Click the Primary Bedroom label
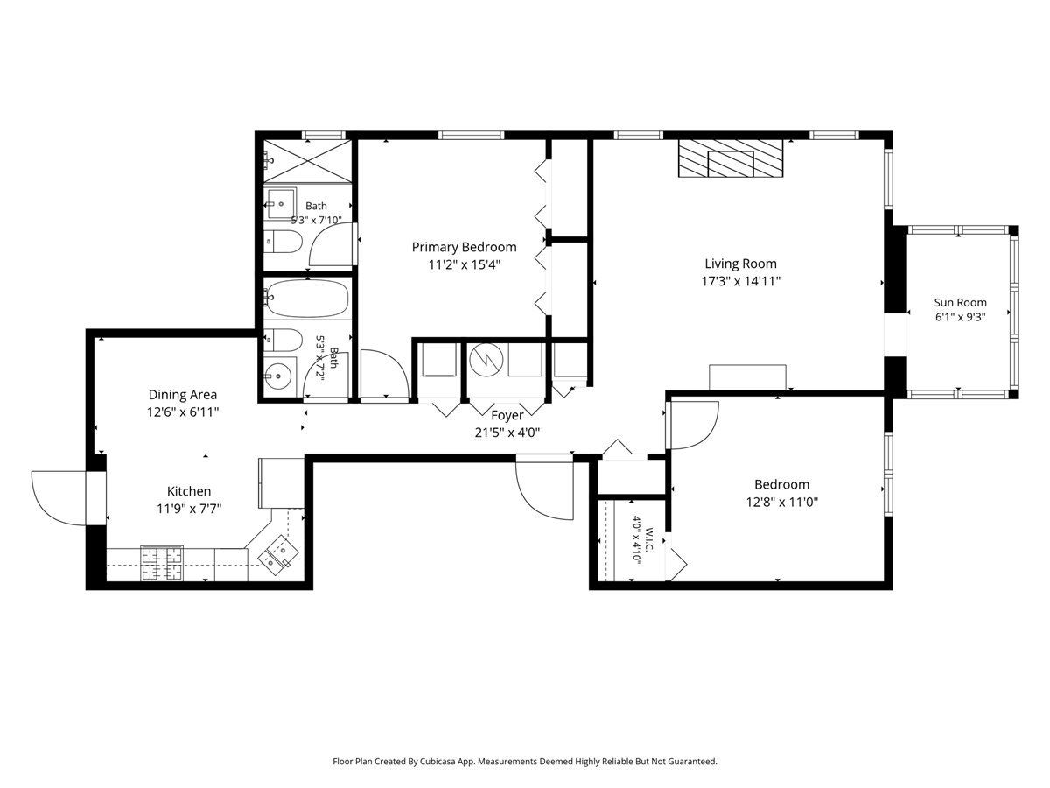pos(464,247)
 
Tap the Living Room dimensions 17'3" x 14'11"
pos(740,281)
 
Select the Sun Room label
pos(960,302)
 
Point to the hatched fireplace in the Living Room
pos(730,158)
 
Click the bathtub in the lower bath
pos(308,299)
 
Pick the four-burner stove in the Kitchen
pos(161,563)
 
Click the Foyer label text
pos(507,415)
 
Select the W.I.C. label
pos(649,540)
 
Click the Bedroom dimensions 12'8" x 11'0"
pos(781,502)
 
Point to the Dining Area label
pos(183,395)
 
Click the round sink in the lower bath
pos(278,376)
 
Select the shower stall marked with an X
pos(308,161)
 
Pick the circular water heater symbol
pos(486,360)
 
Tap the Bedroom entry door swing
pos(694,426)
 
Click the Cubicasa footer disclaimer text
pos(525,761)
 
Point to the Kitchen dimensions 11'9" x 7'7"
pos(189,508)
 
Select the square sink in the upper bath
pos(280,203)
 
